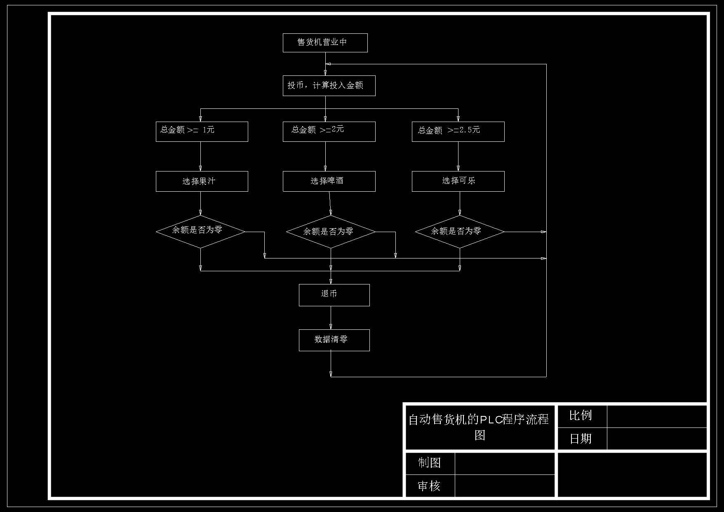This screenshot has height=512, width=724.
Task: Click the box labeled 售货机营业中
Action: pos(325,43)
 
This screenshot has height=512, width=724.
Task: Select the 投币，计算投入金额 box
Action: pos(329,86)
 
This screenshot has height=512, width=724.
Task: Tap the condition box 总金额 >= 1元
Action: pos(202,132)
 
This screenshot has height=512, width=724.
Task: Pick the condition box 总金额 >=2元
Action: pos(329,132)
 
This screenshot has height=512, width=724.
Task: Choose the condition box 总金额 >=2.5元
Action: pos(458,132)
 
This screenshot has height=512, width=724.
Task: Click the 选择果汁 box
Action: pos(202,181)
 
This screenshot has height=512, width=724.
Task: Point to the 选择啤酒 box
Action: pos(329,181)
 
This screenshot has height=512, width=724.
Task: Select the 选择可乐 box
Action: pos(458,181)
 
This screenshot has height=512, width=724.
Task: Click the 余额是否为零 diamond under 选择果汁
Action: pos(200,232)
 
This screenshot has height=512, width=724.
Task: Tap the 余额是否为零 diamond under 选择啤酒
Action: pos(331,232)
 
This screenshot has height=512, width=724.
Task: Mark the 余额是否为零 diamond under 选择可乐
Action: pos(460,232)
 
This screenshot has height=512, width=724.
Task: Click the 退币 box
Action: pos(334,295)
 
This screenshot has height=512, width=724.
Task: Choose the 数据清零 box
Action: pos(334,340)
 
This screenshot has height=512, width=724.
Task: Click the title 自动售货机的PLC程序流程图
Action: pos(479,427)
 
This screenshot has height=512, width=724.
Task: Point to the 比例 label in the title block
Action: pos(581,416)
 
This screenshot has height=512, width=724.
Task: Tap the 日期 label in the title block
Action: pos(581,439)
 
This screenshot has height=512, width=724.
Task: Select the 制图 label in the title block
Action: pos(430,463)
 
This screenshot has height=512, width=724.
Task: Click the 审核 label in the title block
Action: pos(430,486)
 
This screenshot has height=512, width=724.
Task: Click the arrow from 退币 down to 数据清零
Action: pos(331,318)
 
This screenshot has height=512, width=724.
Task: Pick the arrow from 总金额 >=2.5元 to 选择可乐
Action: pos(458,156)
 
